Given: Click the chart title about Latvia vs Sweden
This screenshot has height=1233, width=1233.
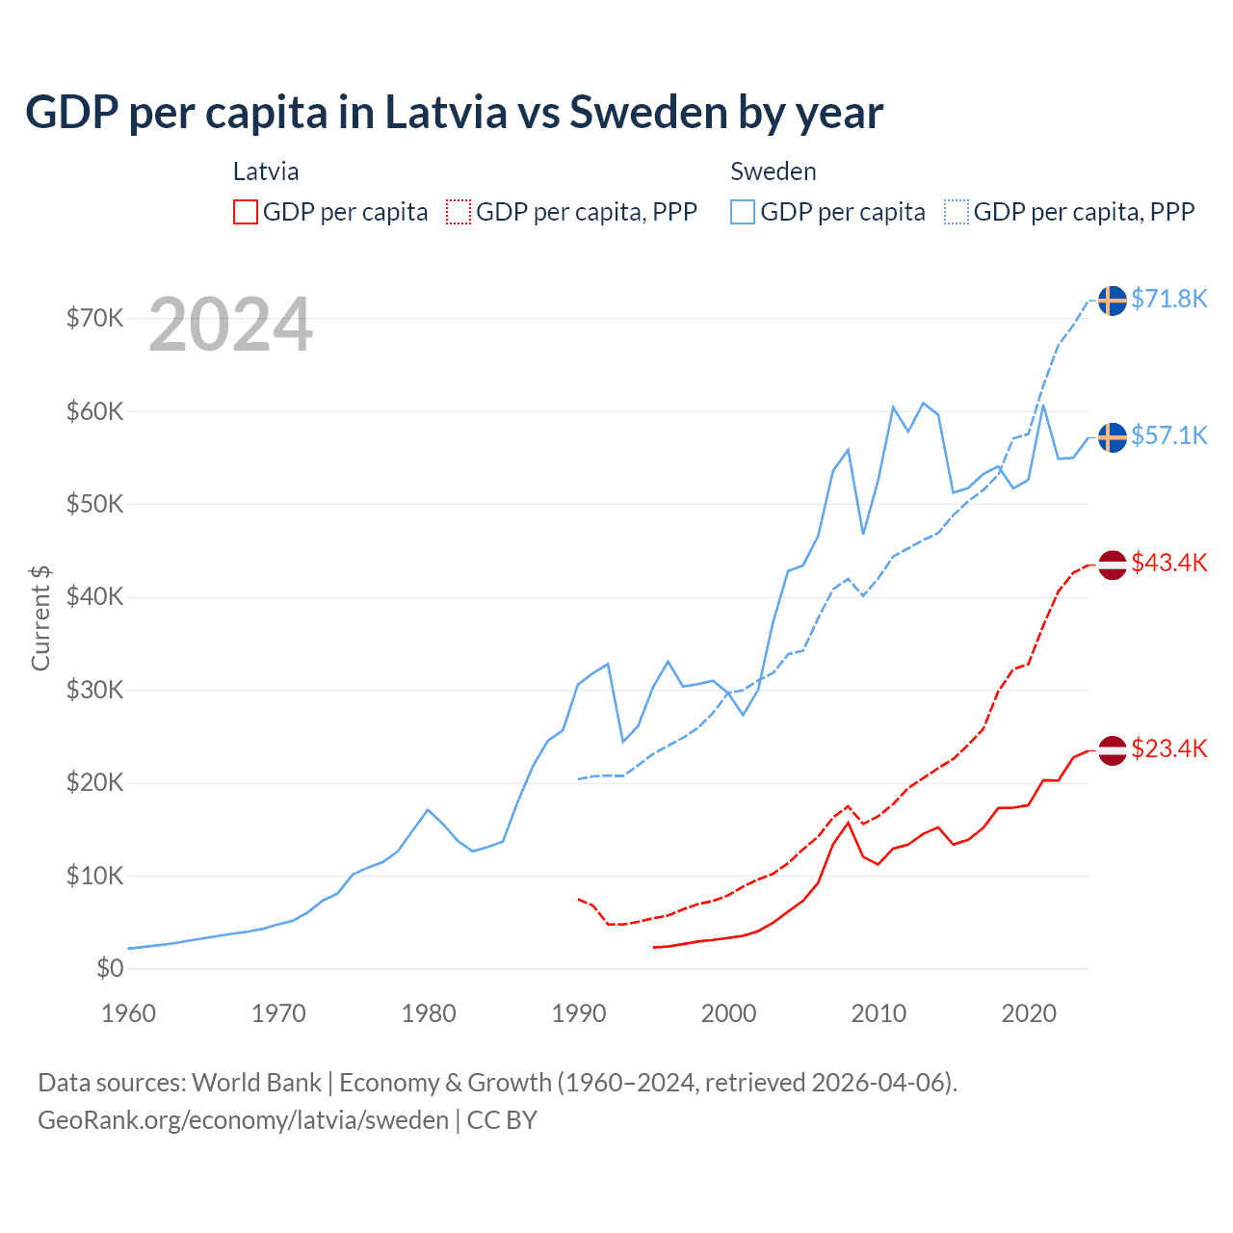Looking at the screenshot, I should point(454,113).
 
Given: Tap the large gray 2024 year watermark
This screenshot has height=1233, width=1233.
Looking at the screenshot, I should point(231,326).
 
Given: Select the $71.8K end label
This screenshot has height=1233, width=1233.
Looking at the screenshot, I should point(1168,299).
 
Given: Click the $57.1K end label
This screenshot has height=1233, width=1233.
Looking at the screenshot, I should point(1168,435).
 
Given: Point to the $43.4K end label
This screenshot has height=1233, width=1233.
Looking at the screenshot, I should point(1168,563).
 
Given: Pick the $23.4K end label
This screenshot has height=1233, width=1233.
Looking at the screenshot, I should point(1168,748).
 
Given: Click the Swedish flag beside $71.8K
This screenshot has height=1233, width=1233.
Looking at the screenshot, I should point(1113,301).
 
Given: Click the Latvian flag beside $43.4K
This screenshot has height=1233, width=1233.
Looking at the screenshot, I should point(1113,564).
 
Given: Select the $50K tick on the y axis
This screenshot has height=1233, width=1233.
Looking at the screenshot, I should point(94,504).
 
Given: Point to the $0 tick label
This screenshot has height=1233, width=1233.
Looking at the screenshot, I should point(110,968).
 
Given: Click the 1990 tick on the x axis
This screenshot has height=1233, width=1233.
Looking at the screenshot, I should point(579,1013).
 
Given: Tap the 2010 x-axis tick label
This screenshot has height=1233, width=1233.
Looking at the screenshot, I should point(879,1013).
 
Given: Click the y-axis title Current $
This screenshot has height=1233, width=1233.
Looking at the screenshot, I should point(40,617).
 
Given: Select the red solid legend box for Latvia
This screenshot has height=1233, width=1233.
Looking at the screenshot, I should point(246,212).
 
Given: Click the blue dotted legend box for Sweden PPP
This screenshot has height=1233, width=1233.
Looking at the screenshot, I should point(957,212).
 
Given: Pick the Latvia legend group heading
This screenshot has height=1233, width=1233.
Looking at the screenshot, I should point(266,171).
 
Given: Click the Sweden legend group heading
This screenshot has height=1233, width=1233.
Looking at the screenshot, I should point(774,171).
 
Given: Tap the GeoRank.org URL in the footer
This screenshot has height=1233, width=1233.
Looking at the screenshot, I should point(243,1120).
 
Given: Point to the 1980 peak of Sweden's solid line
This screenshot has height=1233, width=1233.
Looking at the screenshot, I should point(428,809).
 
